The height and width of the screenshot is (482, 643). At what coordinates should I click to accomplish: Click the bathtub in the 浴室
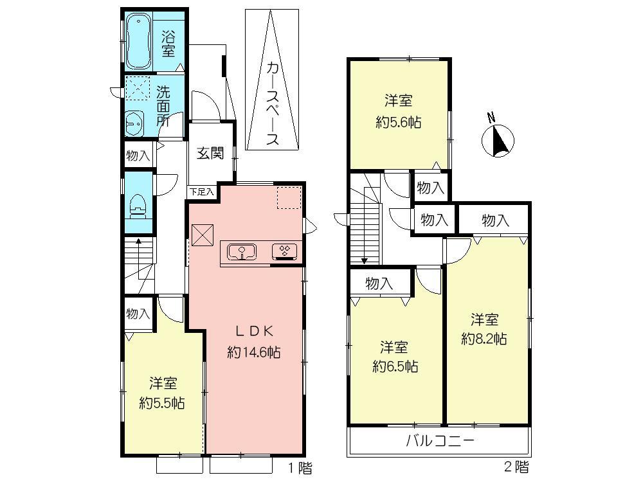click(x=137, y=42)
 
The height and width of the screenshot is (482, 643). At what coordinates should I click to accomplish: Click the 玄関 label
click(x=210, y=154)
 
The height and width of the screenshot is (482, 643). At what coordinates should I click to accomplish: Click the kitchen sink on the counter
click(x=242, y=251)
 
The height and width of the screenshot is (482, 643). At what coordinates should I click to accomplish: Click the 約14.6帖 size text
click(x=253, y=352)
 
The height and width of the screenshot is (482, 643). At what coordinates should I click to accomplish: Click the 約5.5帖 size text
click(x=162, y=404)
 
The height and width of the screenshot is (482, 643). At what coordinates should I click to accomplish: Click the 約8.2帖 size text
click(x=484, y=339)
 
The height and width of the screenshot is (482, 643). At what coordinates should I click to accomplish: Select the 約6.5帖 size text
click(x=395, y=367)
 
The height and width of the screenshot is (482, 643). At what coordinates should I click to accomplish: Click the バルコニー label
click(x=440, y=442)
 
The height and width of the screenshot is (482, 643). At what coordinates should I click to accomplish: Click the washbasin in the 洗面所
click(x=134, y=122)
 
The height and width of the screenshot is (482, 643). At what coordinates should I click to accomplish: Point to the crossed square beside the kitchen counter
click(x=203, y=234)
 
